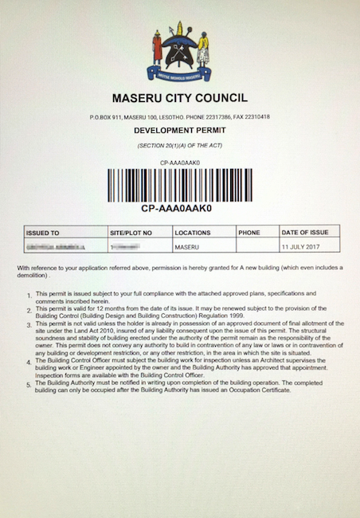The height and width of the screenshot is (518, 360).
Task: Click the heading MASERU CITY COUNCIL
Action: coord(179,98)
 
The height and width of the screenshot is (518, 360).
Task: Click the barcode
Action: coord(179,184)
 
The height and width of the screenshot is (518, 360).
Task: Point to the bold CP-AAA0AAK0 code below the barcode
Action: coord(179,209)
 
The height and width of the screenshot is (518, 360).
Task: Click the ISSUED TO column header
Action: coord(43,233)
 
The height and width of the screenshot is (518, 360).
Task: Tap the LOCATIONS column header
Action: coord(193,233)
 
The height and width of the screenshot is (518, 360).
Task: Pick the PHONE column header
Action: coord(248,233)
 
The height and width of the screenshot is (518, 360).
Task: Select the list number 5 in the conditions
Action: coord(29,386)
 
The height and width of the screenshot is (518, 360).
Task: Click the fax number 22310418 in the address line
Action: coord(256,116)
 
